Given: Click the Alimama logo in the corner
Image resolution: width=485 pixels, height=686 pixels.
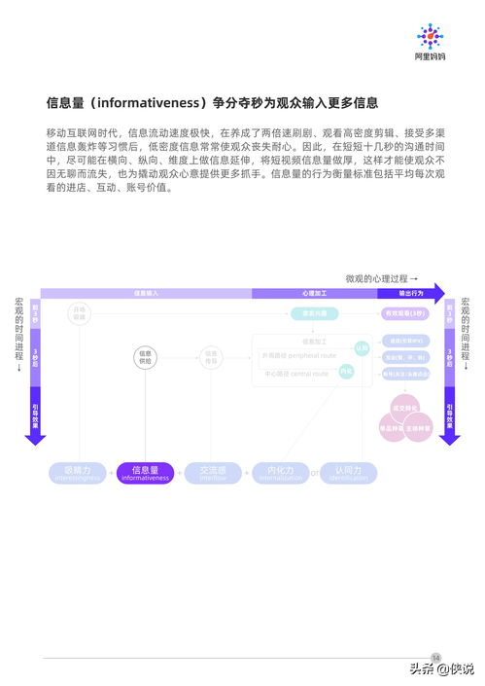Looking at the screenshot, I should pyautogui.click(x=429, y=43).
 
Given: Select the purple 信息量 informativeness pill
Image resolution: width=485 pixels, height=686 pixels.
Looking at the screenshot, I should pyautogui.click(x=145, y=473).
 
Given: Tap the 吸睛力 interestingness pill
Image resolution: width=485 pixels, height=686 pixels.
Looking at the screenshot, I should pyautogui.click(x=78, y=473).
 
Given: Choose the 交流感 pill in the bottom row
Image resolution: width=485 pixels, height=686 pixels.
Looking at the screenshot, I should pyautogui.click(x=213, y=473).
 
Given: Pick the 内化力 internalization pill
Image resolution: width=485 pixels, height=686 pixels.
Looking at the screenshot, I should pyautogui.click(x=280, y=473).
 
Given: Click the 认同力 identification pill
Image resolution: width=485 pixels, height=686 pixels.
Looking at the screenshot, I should pyautogui.click(x=348, y=473).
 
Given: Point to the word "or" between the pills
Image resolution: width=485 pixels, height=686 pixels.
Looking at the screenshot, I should pyautogui.click(x=314, y=474).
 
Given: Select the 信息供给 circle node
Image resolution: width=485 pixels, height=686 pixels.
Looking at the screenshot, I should pyautogui.click(x=145, y=357).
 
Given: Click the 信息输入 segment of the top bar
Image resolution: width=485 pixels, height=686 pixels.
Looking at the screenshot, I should pyautogui.click(x=146, y=293).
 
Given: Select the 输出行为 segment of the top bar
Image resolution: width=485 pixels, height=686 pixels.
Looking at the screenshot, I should pyautogui.click(x=411, y=293).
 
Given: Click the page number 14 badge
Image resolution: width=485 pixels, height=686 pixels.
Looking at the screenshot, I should pyautogui.click(x=436, y=657).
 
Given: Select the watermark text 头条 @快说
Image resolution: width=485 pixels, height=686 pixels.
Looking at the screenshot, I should pyautogui.click(x=441, y=668).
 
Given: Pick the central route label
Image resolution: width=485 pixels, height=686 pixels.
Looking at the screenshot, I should pyautogui.click(x=296, y=374).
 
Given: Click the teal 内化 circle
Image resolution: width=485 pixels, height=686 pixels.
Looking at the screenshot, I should pyautogui.click(x=346, y=371).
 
